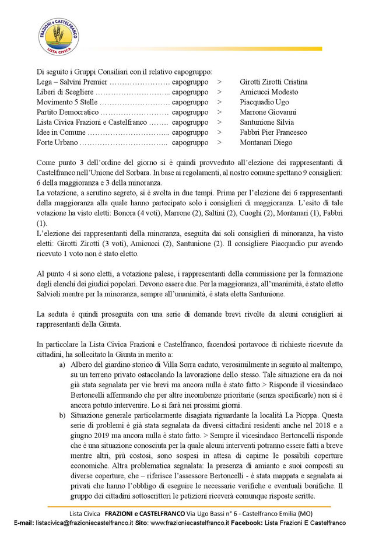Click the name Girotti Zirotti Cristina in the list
click(x=273, y=82)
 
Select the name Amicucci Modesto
click(x=269, y=92)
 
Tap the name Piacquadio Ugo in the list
click(x=264, y=102)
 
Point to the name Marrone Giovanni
click(x=268, y=112)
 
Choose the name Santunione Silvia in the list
click(x=266, y=122)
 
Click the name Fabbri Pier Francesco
click(x=273, y=132)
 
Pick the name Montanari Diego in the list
click(x=265, y=142)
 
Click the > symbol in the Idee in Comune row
click(x=219, y=132)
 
